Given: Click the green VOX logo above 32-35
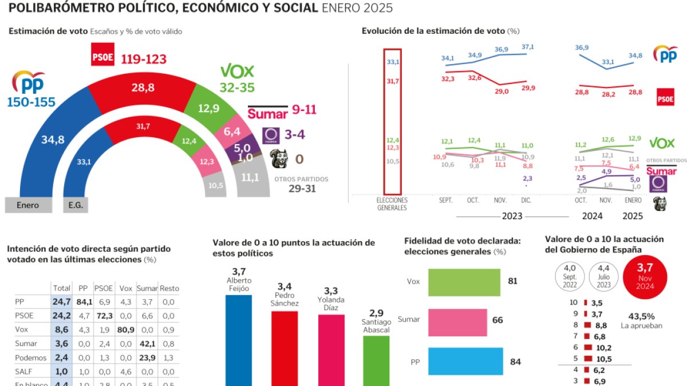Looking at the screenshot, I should click(x=237, y=71).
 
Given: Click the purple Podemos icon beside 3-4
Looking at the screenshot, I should click(x=270, y=136).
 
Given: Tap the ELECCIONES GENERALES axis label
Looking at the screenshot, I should click(x=392, y=204).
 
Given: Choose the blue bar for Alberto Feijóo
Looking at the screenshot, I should click(x=238, y=340).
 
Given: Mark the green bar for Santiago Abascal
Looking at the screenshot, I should click(x=376, y=360).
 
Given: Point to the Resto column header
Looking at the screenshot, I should click(x=169, y=288).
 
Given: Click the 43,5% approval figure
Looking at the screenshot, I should click(x=641, y=316).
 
